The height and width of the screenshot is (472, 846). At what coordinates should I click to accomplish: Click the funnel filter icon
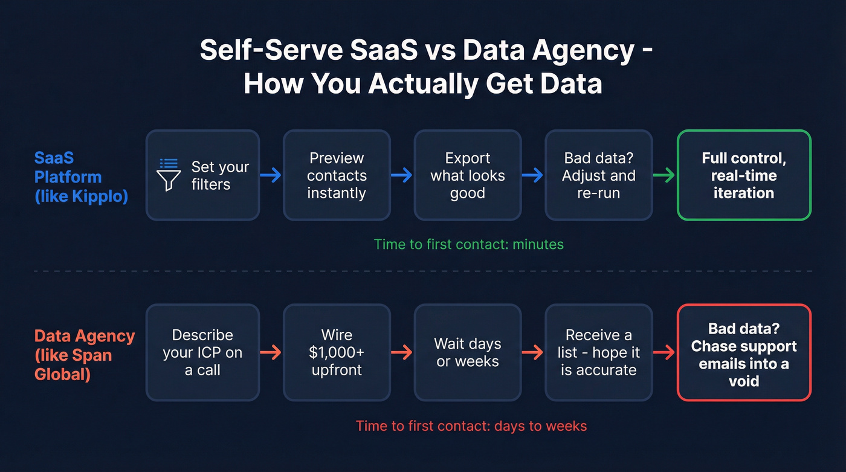tap(169, 175)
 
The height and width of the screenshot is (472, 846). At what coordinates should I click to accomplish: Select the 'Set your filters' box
tap(202, 175)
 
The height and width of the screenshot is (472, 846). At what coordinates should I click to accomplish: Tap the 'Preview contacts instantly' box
tap(337, 175)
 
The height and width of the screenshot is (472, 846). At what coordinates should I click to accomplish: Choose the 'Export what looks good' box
tap(467, 175)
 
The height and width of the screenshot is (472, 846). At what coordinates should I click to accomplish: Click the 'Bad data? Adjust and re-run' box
tap(598, 175)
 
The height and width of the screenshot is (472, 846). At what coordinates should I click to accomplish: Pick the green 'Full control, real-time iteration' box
tap(743, 175)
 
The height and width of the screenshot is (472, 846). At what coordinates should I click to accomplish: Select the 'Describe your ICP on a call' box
tap(202, 352)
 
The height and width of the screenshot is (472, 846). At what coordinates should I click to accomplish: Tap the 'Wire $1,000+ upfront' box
tap(337, 352)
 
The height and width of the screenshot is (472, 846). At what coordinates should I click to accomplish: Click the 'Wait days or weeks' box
tap(467, 352)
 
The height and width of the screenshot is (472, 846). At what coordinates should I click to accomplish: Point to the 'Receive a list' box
tap(598, 352)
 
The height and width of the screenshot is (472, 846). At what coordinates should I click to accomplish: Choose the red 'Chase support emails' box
tap(743, 352)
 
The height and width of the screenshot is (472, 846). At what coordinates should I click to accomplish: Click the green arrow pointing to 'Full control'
tap(665, 175)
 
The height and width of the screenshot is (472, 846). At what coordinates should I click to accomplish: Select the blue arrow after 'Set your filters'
tap(271, 175)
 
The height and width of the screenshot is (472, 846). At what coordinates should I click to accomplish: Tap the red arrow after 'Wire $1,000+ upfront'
tap(402, 352)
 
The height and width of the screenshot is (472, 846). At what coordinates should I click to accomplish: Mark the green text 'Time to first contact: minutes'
tap(468, 244)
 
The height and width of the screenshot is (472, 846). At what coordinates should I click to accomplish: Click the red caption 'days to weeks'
tap(540, 425)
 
